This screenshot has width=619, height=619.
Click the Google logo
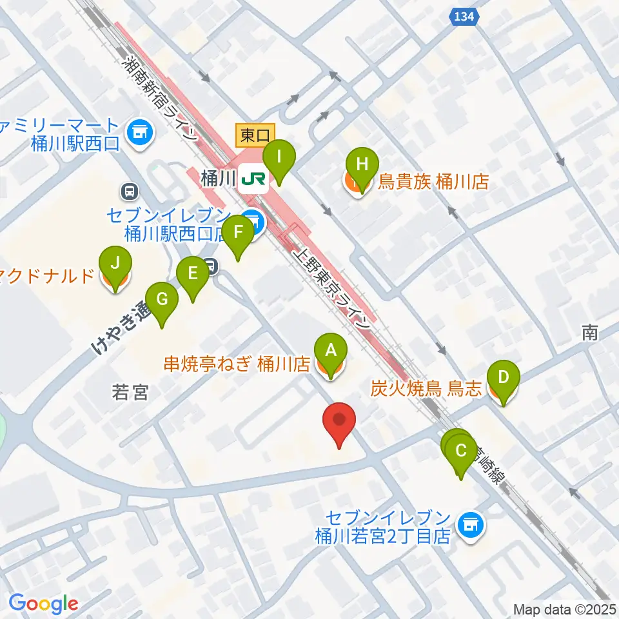tap(43, 604)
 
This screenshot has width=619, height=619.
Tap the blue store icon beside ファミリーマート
tap(139, 133)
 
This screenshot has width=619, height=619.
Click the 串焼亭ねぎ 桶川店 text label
tap(237, 365)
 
